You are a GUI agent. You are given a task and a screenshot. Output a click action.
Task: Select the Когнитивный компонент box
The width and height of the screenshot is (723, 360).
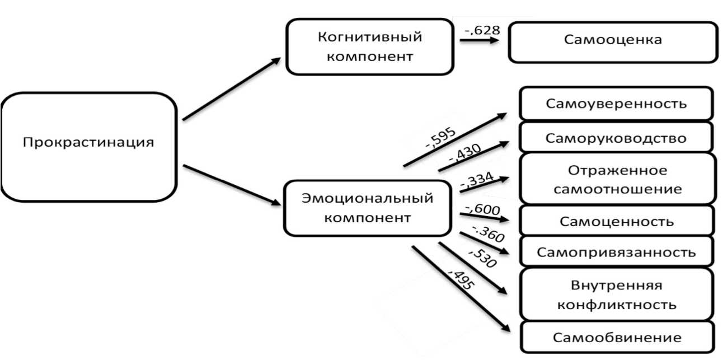tap(369, 47)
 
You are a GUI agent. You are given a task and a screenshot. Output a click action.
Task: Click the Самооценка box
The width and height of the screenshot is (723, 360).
tap(612, 40)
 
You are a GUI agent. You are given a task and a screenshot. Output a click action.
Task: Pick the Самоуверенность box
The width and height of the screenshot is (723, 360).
tap(616, 104)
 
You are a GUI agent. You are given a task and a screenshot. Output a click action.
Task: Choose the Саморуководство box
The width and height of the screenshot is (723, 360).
tap(616, 138)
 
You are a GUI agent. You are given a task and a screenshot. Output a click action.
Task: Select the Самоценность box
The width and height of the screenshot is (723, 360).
tap(617, 221)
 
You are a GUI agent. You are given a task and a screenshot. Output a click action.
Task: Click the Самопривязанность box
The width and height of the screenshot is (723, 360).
tap(617, 251)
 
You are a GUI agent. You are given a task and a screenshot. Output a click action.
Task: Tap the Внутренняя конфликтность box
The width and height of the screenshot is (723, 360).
tap(617, 295)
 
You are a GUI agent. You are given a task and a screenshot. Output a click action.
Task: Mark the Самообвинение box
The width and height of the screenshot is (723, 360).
tap(617, 338)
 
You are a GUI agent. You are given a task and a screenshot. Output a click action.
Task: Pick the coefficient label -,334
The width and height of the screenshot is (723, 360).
tap(476, 180)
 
